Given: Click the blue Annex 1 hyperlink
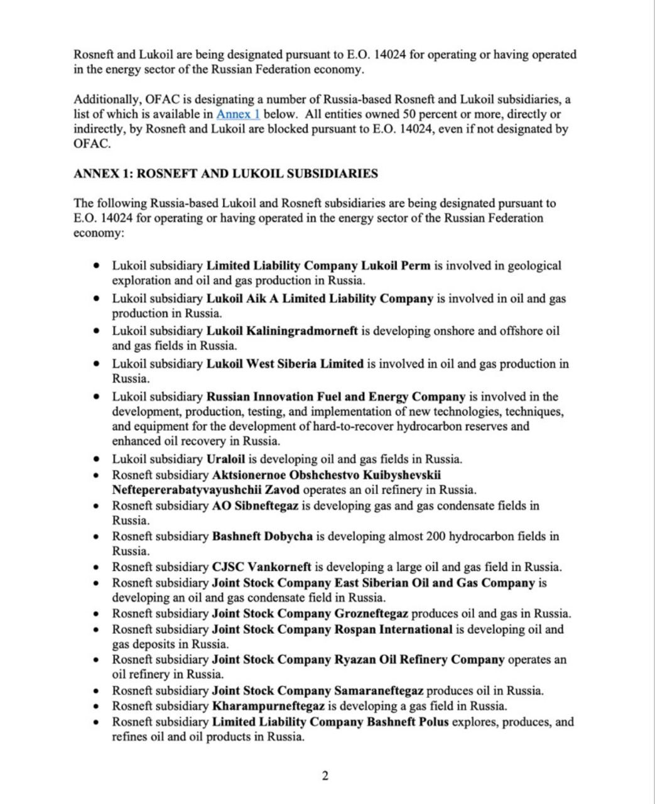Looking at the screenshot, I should pos(238,114).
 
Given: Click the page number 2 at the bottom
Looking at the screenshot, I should pos(325,776).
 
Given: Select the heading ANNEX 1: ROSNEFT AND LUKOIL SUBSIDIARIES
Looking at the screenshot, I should pos(225,173).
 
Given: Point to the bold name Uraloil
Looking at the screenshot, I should pos(225,459).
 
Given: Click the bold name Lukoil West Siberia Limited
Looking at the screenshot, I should pos(284,364).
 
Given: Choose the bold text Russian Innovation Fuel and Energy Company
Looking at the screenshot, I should pos(335,397).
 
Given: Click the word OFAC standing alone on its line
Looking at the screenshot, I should pos(92,144).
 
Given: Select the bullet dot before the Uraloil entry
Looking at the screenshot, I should pos(96,459).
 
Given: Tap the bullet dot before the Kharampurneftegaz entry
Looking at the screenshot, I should pos(96,707).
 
